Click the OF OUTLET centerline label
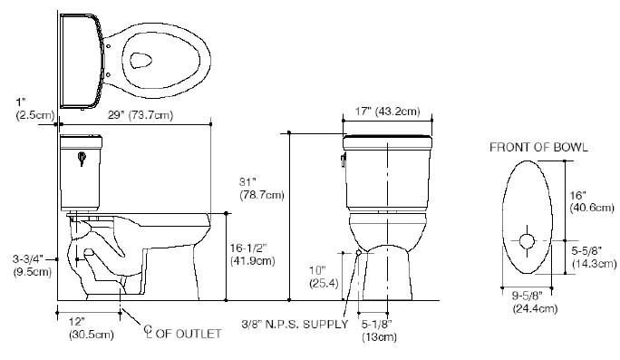181,334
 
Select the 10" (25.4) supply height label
319,277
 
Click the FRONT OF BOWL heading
538,147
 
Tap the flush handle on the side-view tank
82,158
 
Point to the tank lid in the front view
387,138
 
